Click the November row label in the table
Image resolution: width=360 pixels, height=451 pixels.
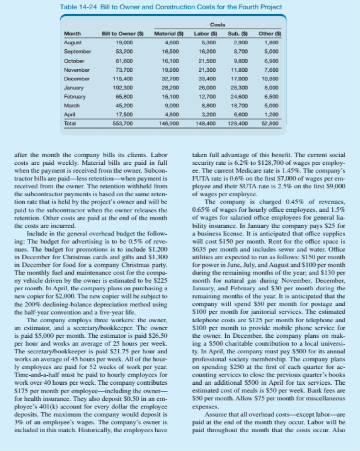[x=76, y=70]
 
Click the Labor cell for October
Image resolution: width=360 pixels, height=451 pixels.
[x=206, y=61]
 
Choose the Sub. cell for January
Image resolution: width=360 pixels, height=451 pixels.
[x=236, y=88]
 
